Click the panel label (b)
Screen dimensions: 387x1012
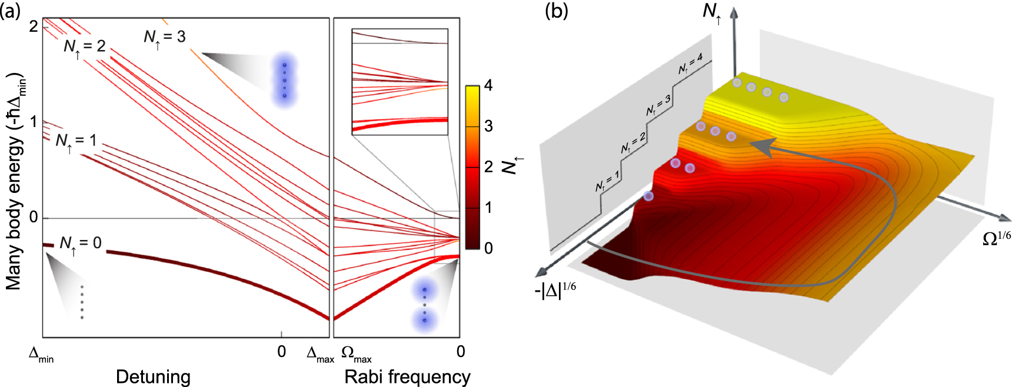coord(556,11)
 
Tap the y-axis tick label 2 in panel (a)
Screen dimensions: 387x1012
coord(34,26)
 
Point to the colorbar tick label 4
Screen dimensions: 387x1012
coord(488,86)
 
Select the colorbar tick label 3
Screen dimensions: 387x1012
coord(488,126)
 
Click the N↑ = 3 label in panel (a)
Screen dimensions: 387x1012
coord(164,38)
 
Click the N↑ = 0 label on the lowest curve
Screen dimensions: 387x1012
coord(80,243)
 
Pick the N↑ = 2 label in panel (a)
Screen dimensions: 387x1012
coord(84,46)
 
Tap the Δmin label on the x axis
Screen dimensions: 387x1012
coord(41,354)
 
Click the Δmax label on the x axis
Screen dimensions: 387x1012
coord(320,354)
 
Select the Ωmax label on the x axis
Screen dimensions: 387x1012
coord(356,354)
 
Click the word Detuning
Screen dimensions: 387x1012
coord(153,376)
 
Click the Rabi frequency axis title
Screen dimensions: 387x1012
coord(407,376)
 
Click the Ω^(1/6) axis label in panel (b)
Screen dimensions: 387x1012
coord(996,238)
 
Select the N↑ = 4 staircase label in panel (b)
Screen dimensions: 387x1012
coord(691,65)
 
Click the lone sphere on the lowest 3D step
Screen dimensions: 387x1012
coord(648,196)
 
